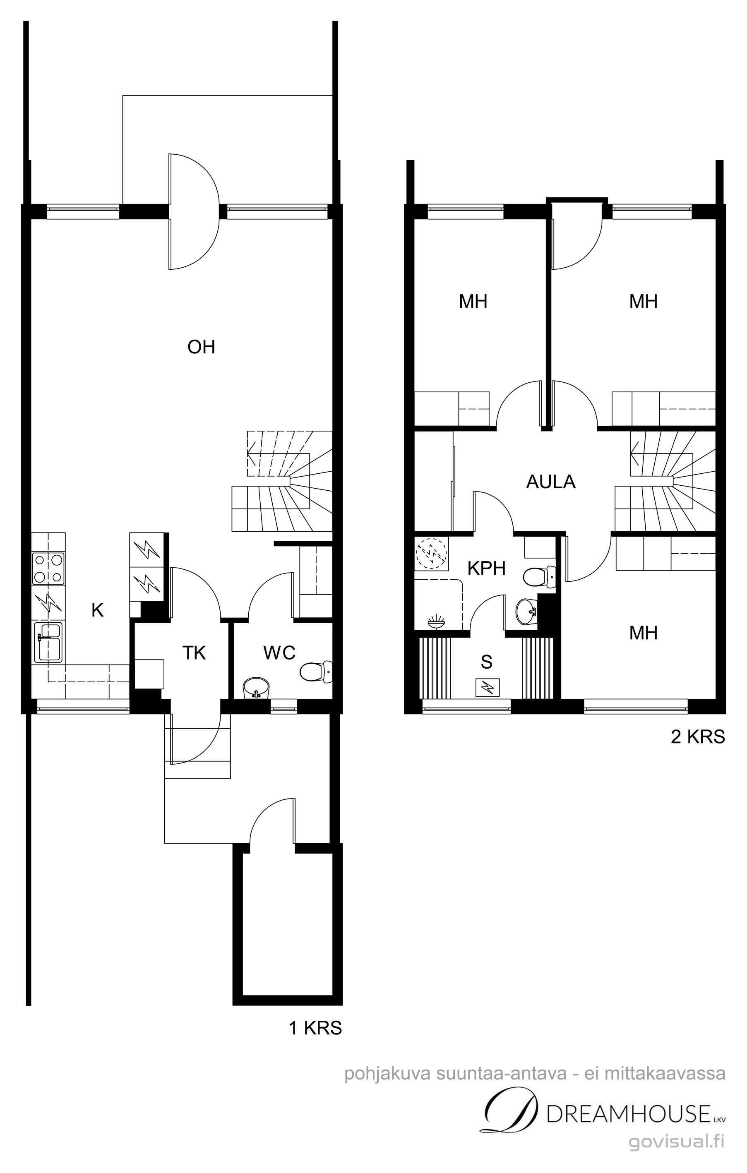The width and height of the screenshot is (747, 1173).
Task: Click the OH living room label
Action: [x=201, y=347]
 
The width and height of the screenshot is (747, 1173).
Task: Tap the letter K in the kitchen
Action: [x=97, y=610]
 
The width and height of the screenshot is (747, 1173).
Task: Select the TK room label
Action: [x=194, y=653]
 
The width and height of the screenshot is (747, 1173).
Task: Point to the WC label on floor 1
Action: [x=279, y=653]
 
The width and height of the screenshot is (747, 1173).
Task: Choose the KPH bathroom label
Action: [x=486, y=568]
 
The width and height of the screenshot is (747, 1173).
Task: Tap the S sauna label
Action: [x=486, y=662]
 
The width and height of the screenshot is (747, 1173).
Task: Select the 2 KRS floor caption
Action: [x=698, y=736]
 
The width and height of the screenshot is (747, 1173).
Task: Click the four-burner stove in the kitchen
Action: [x=48, y=568]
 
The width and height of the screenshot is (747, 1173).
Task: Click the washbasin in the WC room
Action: [x=256, y=687]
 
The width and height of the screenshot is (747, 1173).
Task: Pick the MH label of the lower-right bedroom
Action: [x=643, y=633]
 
